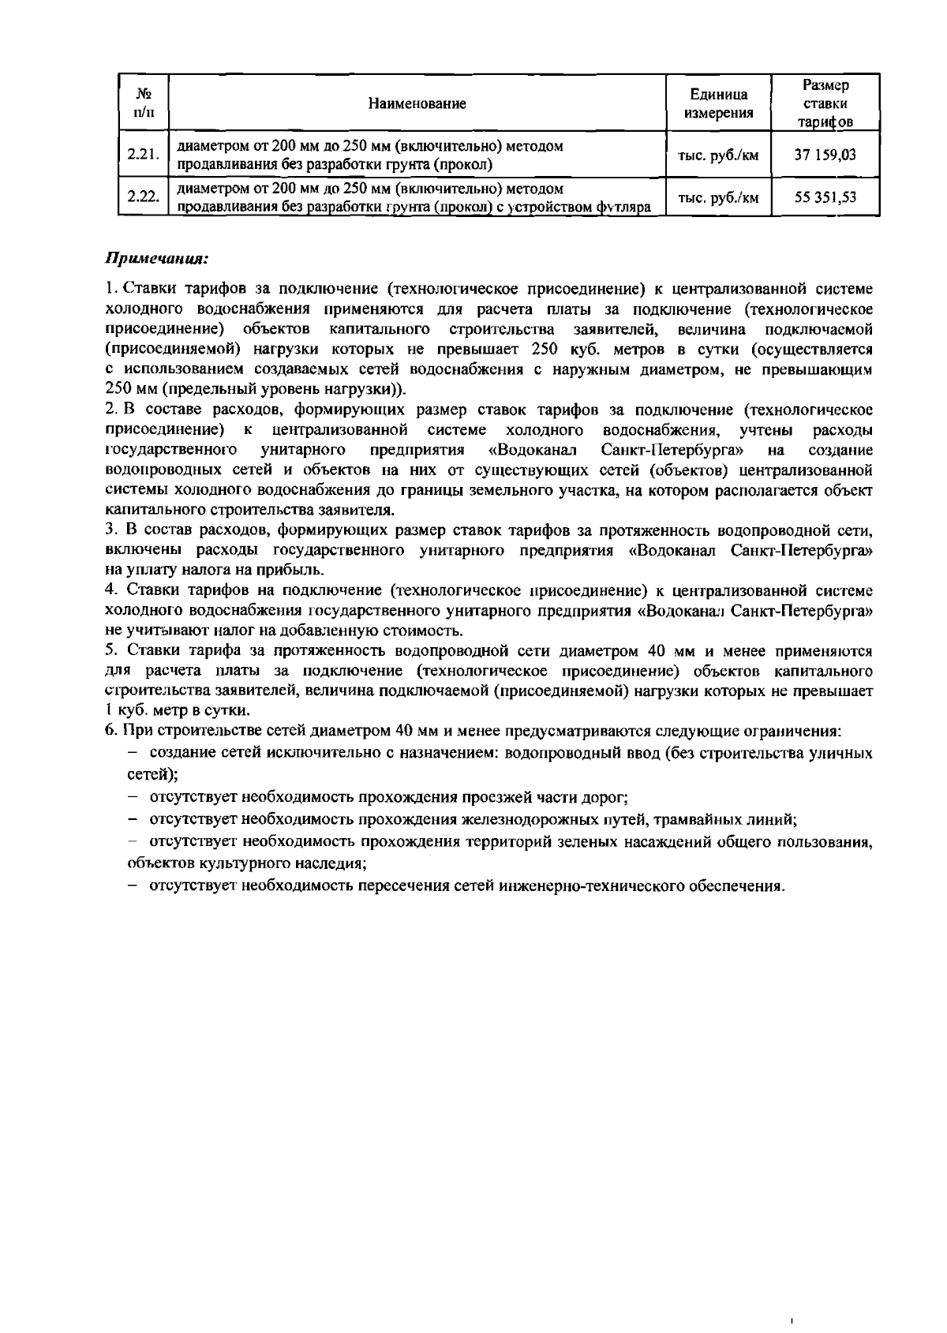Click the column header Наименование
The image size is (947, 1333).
click(x=417, y=103)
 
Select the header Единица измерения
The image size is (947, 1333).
click(x=719, y=103)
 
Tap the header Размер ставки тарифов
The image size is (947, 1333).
click(x=825, y=103)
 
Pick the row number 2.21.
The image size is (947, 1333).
click(x=144, y=155)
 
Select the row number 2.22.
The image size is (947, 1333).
click(x=144, y=197)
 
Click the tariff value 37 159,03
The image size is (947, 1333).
click(x=825, y=155)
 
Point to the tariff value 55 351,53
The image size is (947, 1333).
click(x=825, y=197)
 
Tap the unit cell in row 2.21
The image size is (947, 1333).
click(x=719, y=155)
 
